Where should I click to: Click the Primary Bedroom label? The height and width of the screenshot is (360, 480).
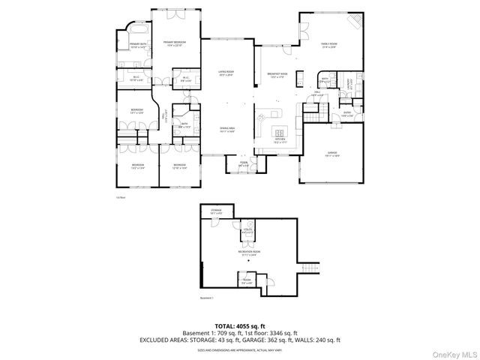174,43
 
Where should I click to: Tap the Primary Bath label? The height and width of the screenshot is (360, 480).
137,46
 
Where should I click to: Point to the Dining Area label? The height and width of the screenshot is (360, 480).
227,130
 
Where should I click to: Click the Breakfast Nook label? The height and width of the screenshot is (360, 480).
277,75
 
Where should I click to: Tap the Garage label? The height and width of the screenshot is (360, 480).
331,154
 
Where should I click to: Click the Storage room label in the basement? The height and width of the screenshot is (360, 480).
217,212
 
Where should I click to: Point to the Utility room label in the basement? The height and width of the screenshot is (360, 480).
247,231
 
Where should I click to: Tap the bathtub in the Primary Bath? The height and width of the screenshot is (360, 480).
138,32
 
